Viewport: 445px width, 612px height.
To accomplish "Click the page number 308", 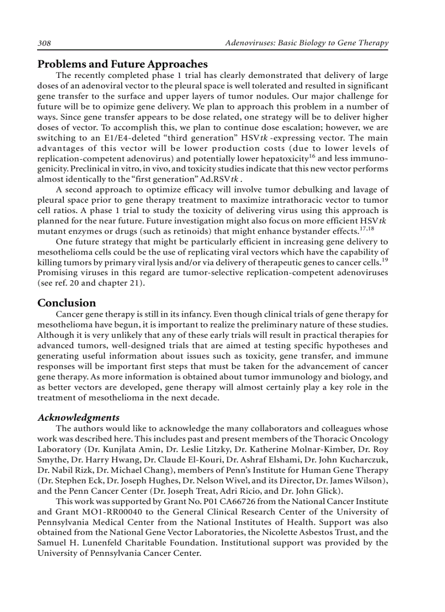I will pos(44,43).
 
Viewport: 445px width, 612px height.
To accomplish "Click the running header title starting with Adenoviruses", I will pos(307,43).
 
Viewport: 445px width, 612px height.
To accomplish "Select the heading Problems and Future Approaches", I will pos(122,64).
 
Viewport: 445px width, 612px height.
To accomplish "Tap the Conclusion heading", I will pos(67,303).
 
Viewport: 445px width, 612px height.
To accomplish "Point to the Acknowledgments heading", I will pos(79,417).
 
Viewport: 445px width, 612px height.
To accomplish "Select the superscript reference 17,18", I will pos(381,229).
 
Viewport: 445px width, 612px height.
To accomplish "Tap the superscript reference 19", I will pos(384,261).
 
